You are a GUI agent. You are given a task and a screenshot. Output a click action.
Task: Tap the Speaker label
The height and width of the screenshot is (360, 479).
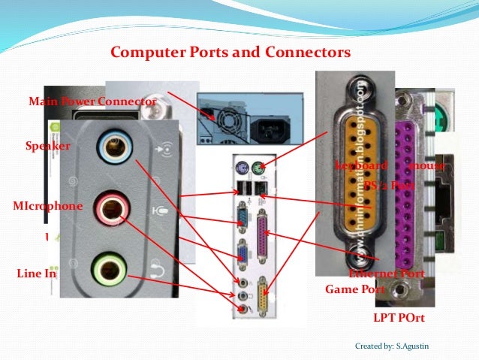pos(47,146)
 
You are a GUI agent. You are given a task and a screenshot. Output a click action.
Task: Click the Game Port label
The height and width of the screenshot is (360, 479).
pos(355,289)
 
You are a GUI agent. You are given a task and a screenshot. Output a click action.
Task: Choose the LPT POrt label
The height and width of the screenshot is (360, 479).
pos(399,318)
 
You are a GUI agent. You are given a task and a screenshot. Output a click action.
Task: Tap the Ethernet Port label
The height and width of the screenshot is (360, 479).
pos(387,274)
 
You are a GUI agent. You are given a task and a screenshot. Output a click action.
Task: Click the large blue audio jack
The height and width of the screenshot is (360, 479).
pos(114,146)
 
